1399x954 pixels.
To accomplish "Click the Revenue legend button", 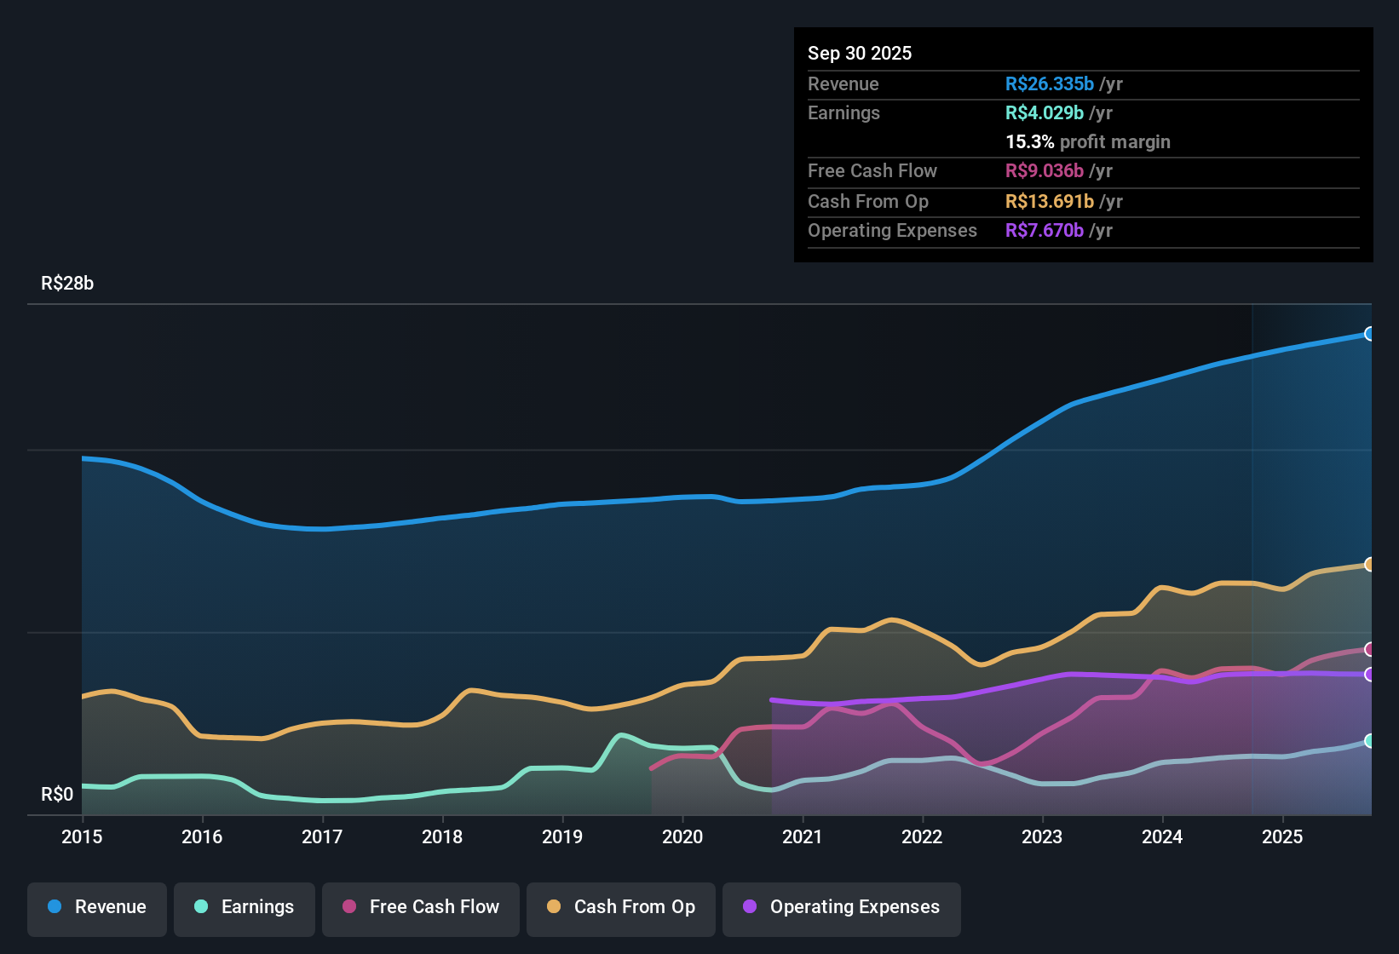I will coord(97,907).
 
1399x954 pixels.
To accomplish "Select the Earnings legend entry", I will coord(245,907).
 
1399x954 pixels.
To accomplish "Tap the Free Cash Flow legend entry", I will coord(421,907).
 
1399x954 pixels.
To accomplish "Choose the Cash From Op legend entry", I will coord(621,907).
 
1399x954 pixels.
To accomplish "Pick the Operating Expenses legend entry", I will coord(842,907).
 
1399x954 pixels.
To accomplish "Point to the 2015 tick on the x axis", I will coord(82,836).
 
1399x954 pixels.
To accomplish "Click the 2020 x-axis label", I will coord(682,836).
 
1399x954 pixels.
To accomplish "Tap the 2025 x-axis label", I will coord(1282,836).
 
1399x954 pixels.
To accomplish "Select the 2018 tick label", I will coord(442,836).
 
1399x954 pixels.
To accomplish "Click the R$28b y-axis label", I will coord(67,284).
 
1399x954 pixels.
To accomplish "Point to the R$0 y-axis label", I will coord(57,795).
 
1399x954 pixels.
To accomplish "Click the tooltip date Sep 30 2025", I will coord(860,53).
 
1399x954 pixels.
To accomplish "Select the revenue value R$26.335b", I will coord(1049,83).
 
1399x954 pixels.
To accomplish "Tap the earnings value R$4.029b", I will coord(1045,112).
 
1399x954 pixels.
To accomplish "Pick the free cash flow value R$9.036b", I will coord(1045,170).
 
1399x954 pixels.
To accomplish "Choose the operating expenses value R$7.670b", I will coord(1045,230).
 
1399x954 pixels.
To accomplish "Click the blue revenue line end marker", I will coord(1369,334).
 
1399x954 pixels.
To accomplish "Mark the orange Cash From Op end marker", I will coord(1369,564).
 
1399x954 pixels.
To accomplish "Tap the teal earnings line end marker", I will coord(1369,741).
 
